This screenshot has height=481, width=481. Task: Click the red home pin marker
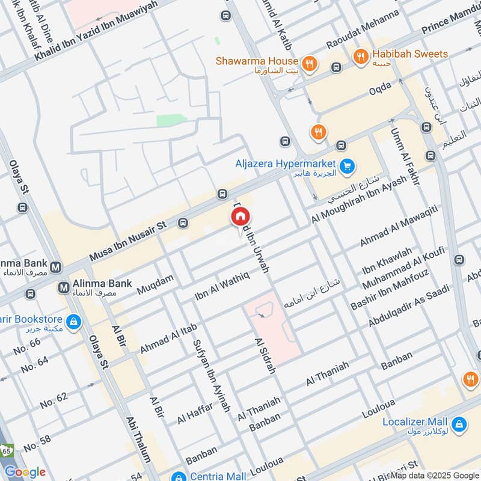tap(240, 216)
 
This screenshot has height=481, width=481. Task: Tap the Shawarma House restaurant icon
tap(309, 62)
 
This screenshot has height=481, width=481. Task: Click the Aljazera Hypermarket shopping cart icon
tap(346, 166)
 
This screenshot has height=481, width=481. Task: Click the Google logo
tap(25, 472)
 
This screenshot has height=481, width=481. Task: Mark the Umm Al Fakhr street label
tap(404, 156)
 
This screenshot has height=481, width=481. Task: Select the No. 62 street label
tap(54, 400)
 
